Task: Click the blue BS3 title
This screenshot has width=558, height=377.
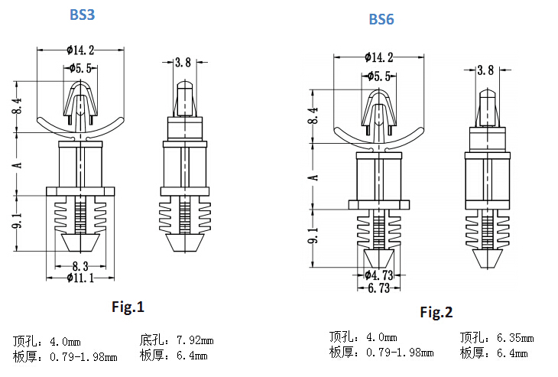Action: tap(83, 15)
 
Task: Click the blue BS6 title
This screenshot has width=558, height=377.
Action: tap(381, 19)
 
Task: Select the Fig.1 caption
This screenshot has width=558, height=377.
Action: tap(128, 307)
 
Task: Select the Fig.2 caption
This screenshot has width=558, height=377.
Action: tap(436, 312)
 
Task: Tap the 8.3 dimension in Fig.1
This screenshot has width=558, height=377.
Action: tap(80, 266)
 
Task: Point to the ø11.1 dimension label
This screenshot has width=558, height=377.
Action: tap(80, 278)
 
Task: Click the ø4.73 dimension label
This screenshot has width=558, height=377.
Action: tap(378, 275)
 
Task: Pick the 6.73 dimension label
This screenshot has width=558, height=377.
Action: tap(378, 288)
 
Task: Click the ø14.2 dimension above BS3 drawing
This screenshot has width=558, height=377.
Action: tap(80, 50)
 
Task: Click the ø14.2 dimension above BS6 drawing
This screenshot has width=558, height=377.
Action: tap(378, 57)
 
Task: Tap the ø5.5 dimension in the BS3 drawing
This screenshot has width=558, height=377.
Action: tap(81, 68)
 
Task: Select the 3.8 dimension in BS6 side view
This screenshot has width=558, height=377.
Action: tap(485, 70)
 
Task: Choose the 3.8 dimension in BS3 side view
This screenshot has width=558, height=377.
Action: tap(183, 62)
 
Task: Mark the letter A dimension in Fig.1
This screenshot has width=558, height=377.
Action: tap(17, 165)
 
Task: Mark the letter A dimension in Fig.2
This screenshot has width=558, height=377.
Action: tap(313, 177)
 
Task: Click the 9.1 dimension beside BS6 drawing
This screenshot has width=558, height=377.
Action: tap(313, 236)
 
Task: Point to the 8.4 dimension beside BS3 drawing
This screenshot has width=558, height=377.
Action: tap(17, 106)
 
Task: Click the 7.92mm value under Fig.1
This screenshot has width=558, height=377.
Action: tap(195, 340)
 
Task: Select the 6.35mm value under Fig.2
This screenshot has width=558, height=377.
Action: tap(515, 337)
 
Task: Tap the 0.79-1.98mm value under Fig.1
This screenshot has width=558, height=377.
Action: tap(83, 356)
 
